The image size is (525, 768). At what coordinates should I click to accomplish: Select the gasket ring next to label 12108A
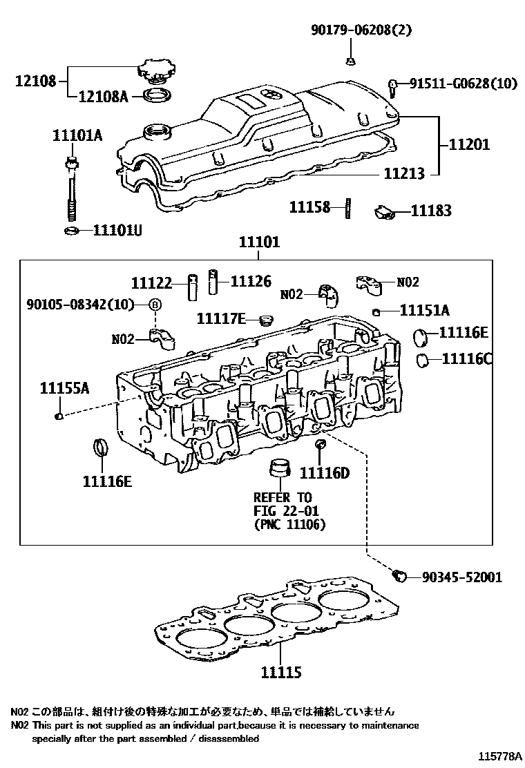158,95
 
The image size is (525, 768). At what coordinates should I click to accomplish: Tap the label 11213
403,175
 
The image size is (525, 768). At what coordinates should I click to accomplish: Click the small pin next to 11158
348,207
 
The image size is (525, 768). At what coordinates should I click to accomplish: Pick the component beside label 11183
384,211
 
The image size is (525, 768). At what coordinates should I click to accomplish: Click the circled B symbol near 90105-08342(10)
155,305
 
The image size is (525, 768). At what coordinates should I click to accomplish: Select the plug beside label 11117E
263,320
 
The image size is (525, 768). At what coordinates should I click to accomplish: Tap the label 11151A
424,310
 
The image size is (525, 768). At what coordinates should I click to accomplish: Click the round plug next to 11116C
423,360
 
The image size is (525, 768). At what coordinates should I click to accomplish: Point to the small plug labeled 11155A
59,416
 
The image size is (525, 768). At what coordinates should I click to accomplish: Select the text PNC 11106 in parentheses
289,524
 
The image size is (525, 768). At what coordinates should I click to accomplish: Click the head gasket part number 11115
281,671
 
